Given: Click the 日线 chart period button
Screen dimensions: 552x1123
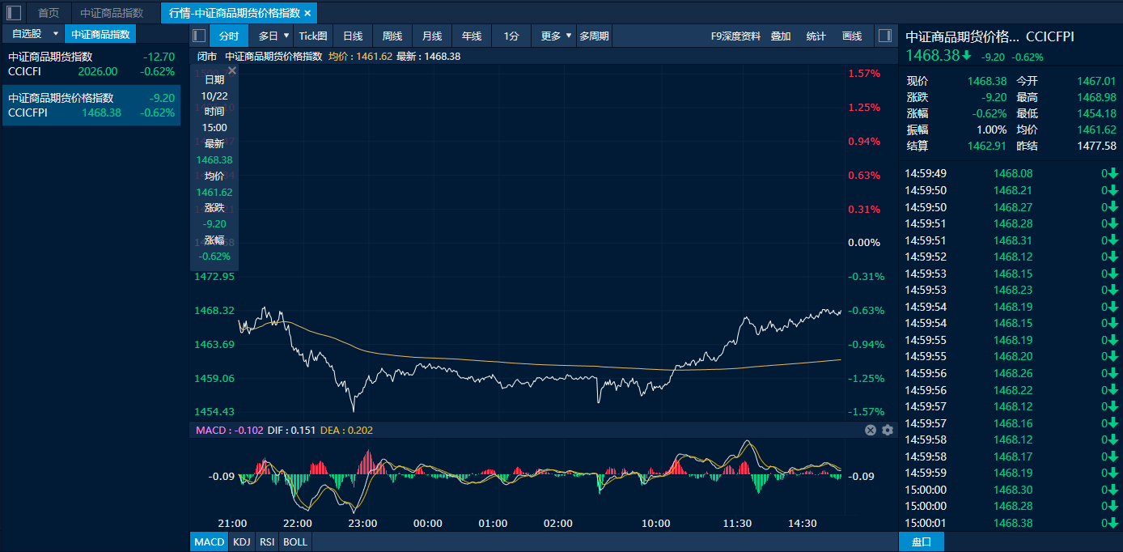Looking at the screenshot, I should click(352, 36).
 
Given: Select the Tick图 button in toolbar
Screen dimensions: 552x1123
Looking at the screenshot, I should click(313, 36).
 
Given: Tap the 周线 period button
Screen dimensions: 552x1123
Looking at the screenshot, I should click(392, 36).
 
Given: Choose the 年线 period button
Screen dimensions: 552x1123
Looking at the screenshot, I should click(471, 36).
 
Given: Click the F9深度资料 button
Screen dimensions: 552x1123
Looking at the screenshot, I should click(735, 36).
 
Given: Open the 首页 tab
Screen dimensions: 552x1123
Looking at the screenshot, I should click(49, 13).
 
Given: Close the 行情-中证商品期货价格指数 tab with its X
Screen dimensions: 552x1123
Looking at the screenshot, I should click(307, 13).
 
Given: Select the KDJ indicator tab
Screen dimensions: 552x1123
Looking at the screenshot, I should click(241, 541).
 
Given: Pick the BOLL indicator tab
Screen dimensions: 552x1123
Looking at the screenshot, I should click(295, 541).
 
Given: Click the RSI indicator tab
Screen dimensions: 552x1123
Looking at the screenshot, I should click(267, 541).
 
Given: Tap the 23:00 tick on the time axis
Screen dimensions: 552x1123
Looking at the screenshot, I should click(362, 524).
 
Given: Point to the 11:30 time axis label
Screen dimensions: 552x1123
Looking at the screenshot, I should click(737, 524).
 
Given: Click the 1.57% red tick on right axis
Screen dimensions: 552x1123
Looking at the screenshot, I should click(863, 74).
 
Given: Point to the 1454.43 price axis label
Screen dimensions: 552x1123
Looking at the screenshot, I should click(214, 411).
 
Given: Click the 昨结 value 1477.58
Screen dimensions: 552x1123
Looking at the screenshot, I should click(1096, 146).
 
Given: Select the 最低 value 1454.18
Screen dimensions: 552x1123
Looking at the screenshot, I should click(1096, 113).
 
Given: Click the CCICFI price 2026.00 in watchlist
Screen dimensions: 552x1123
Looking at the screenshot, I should click(98, 71).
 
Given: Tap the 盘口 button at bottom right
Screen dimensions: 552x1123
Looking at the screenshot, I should click(921, 541).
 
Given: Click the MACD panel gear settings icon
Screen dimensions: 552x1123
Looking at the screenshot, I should click(888, 430).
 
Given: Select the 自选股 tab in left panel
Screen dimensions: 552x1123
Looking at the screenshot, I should click(27, 34).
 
